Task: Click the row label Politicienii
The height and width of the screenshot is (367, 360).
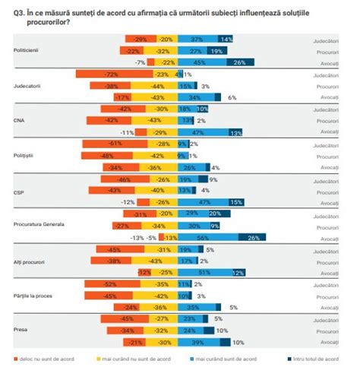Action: [27, 49]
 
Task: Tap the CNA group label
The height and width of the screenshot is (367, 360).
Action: [20, 119]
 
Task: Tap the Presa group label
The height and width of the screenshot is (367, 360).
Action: [21, 331]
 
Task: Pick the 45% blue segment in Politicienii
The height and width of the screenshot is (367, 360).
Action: [201, 62]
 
